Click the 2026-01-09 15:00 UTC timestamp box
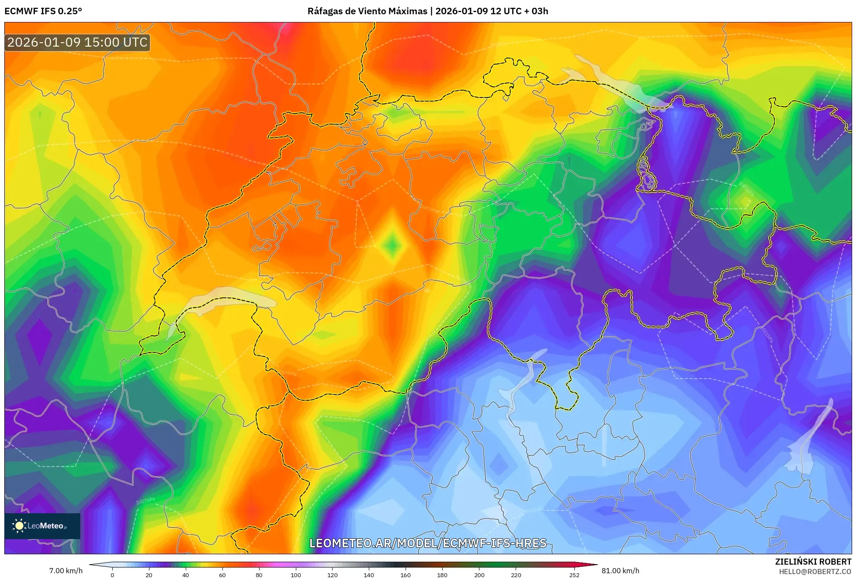(77, 42)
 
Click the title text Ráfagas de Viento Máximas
(367, 11)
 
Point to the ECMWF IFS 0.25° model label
(43, 11)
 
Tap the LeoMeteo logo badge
(42, 526)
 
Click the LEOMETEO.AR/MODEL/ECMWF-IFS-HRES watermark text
(428, 543)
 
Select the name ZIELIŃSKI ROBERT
(813, 562)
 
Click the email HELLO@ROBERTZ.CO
(815, 572)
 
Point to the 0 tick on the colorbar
(112, 575)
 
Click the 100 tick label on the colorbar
(295, 575)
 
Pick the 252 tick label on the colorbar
(574, 575)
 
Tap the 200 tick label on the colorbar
(479, 575)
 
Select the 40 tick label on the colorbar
(186, 575)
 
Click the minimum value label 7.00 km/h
(66, 571)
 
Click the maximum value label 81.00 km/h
(620, 571)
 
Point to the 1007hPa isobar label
(145, 501)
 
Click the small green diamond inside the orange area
(392, 245)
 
